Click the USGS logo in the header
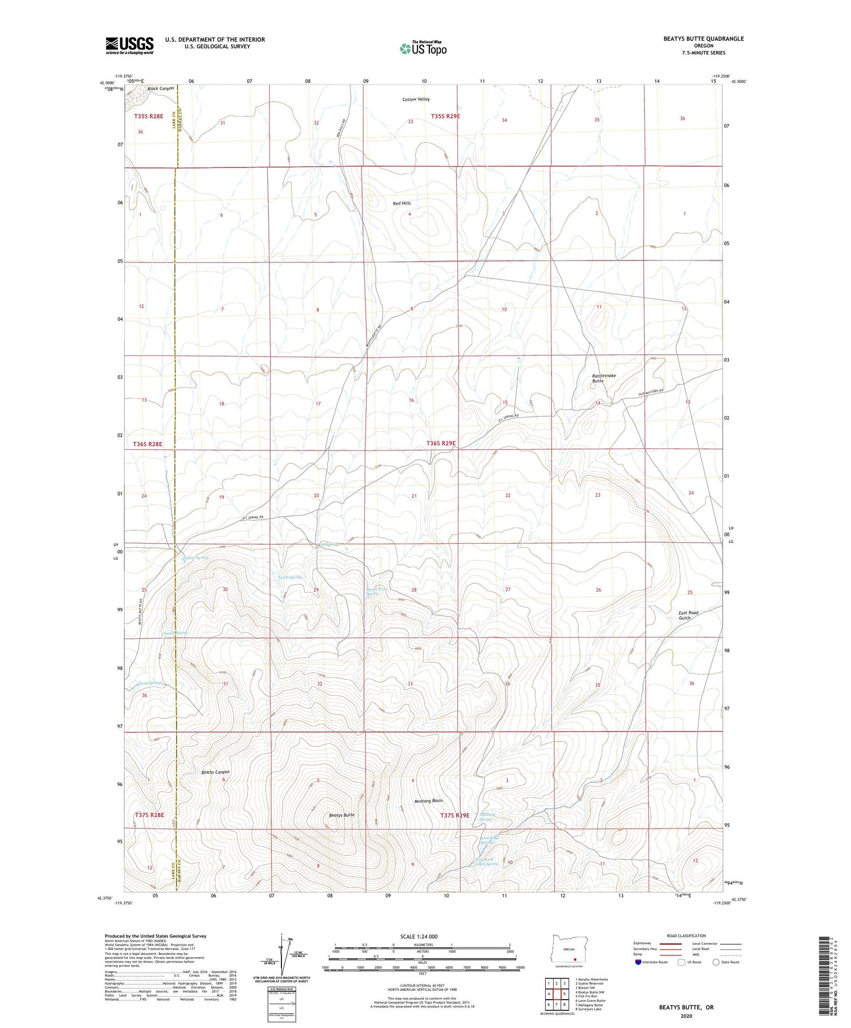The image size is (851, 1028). (x=129, y=45)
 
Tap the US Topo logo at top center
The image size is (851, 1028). (x=423, y=48)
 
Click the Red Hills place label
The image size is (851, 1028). (x=402, y=203)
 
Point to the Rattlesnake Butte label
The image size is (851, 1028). (x=604, y=378)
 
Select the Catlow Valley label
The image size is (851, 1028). (x=416, y=99)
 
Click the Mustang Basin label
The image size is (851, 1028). (x=428, y=801)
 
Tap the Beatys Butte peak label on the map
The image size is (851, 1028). (x=342, y=815)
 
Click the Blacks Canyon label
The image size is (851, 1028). (x=216, y=772)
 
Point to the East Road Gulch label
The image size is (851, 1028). (x=688, y=615)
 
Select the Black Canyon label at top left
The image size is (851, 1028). (x=161, y=89)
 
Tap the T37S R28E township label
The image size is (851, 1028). (x=149, y=815)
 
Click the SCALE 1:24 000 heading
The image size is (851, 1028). (x=422, y=936)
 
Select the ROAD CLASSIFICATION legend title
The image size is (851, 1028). (x=686, y=936)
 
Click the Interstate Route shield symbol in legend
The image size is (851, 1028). (x=638, y=962)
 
